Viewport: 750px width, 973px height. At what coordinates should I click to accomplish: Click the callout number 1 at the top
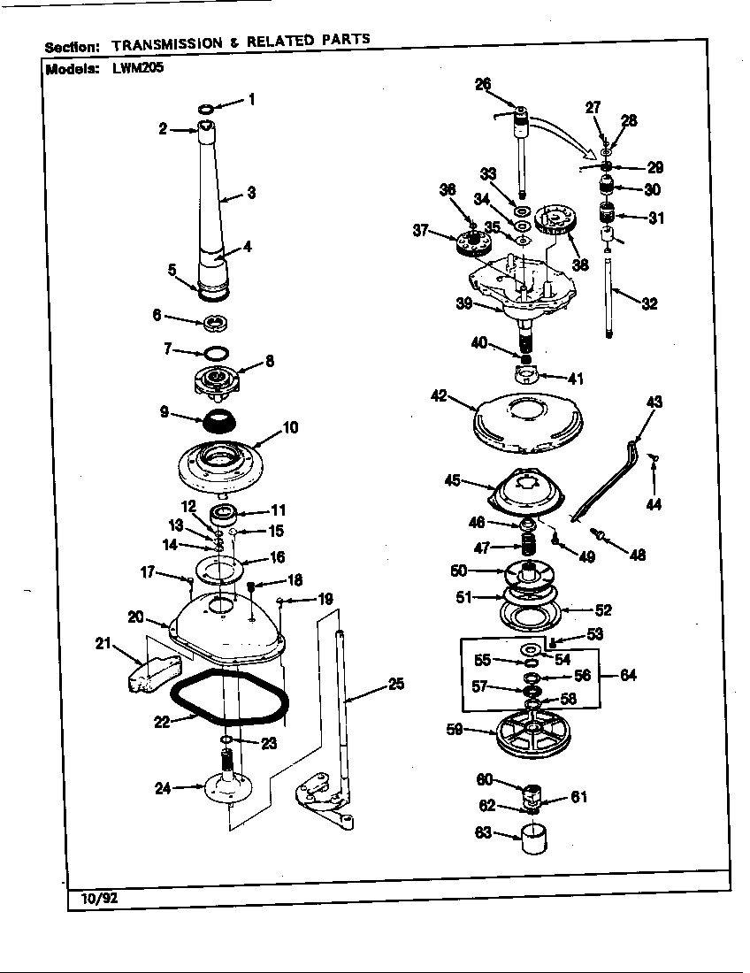[x=251, y=100]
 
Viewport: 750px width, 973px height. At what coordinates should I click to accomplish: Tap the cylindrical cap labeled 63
[x=535, y=837]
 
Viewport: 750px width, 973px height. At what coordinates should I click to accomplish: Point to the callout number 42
[x=439, y=396]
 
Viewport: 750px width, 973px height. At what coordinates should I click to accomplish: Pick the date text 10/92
[x=93, y=898]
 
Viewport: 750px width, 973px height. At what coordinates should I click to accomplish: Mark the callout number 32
[x=649, y=303]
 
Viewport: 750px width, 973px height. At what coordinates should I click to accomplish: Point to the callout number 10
[x=289, y=428]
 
